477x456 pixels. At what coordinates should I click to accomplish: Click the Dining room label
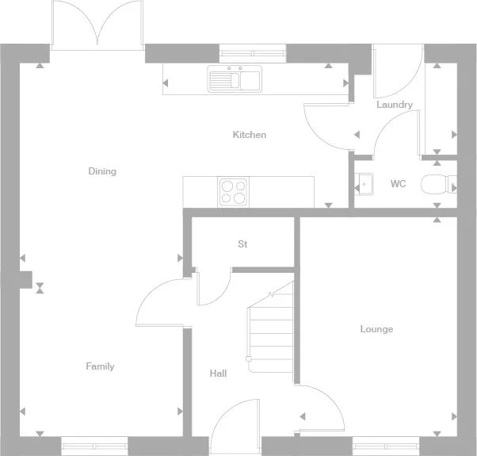(102, 171)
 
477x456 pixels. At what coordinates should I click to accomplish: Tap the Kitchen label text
(249, 135)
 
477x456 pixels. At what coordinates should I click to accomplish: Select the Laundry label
(394, 105)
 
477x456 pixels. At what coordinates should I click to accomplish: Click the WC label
(398, 184)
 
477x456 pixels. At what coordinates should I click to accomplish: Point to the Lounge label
(376, 329)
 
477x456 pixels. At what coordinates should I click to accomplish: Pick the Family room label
(100, 366)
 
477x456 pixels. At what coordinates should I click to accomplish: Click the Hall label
(219, 373)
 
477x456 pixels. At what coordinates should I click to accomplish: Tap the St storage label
(242, 244)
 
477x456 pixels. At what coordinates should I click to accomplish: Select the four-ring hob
(234, 191)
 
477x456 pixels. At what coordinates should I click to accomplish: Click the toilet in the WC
(436, 185)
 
